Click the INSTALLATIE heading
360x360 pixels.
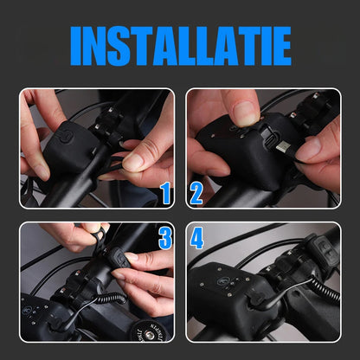[x=181, y=46]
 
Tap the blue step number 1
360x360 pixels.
[x=165, y=193]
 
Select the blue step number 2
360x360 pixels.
[x=196, y=194]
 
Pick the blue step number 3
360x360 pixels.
[x=165, y=238]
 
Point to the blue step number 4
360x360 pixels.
[x=196, y=238]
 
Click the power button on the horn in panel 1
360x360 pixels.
[x=66, y=136]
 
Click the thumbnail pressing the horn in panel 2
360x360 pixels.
[x=246, y=113]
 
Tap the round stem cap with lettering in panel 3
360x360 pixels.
[x=150, y=331]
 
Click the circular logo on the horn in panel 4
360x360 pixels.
[x=222, y=280]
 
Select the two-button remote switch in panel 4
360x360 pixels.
[x=325, y=250]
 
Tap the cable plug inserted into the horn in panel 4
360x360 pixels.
[x=256, y=300]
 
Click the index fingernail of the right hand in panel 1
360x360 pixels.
[x=132, y=163]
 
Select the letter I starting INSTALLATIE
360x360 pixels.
[x=76, y=46]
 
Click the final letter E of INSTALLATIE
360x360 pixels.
[x=282, y=46]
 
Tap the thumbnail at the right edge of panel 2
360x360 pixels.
[x=309, y=151]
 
